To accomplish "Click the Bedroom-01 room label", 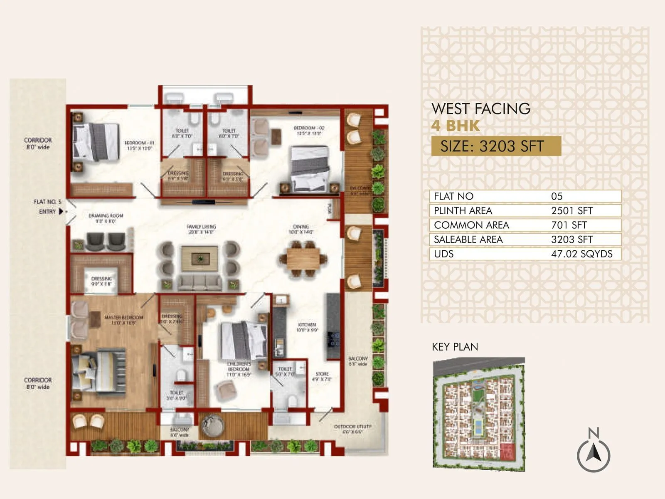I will [139, 145].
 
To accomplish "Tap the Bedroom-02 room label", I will [309, 131].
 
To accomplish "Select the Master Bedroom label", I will [123, 320].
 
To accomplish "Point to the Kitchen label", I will [307, 327].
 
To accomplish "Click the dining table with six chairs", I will [303, 259].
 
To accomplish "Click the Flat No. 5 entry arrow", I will [62, 212].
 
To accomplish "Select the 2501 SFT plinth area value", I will [571, 211].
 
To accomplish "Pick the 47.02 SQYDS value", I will [581, 254].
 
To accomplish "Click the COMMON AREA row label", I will [471, 225].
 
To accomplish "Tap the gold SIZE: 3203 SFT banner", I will [496, 146].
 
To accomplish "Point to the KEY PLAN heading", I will [455, 347].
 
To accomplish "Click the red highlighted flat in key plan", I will [507, 451].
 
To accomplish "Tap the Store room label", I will [322, 377].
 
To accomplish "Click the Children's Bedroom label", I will [239, 369].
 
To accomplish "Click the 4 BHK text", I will [456, 126].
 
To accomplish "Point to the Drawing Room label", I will [106, 218].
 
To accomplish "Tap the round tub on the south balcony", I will [213, 425].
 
